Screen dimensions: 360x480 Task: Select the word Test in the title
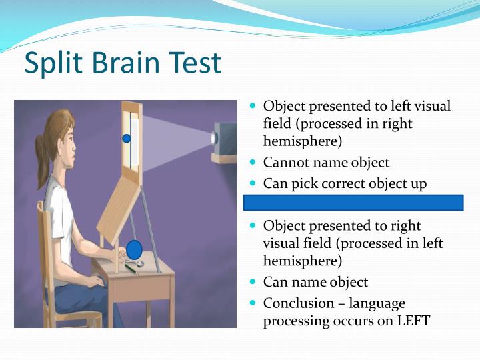[194, 64]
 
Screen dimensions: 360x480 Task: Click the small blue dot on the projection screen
[127, 139]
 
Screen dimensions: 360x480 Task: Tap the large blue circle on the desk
[135, 250]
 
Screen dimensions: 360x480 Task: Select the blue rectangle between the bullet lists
[353, 203]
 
